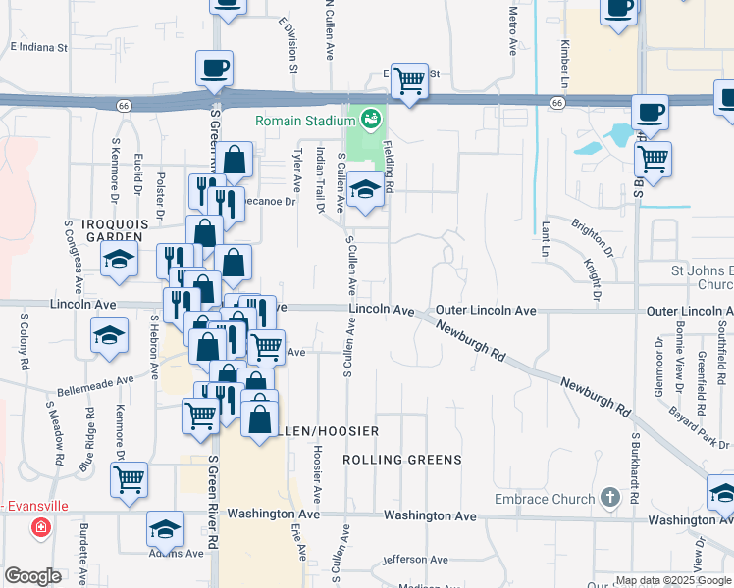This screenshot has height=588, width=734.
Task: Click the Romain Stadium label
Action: [303, 121]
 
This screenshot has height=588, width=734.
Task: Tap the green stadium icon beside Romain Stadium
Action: [370, 121]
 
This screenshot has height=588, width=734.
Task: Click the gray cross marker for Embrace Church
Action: [609, 497]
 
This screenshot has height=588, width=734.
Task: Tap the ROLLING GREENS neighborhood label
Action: [402, 459]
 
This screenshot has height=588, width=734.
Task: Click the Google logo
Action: [33, 576]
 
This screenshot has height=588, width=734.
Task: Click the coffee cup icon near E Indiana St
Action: [214, 69]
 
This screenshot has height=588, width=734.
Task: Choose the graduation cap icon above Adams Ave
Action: [165, 529]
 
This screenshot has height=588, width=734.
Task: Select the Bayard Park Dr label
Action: [694, 426]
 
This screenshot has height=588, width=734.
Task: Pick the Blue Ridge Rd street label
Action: [88, 450]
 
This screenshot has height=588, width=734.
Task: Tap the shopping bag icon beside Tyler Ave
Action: [236, 160]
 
